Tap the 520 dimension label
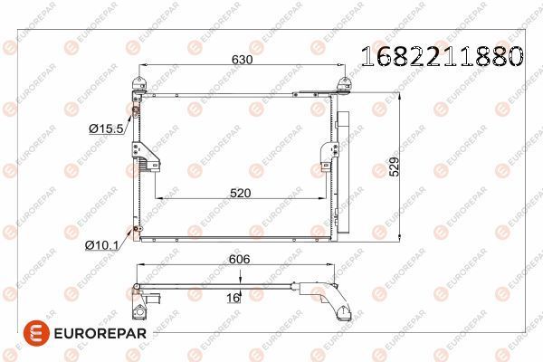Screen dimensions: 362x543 [x=241, y=193]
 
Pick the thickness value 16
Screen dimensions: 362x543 [x=233, y=295]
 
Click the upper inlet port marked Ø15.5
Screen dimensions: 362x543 [x=135, y=112]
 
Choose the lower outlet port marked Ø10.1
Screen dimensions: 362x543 [x=136, y=229]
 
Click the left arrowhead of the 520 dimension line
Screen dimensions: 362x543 [x=159, y=199]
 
